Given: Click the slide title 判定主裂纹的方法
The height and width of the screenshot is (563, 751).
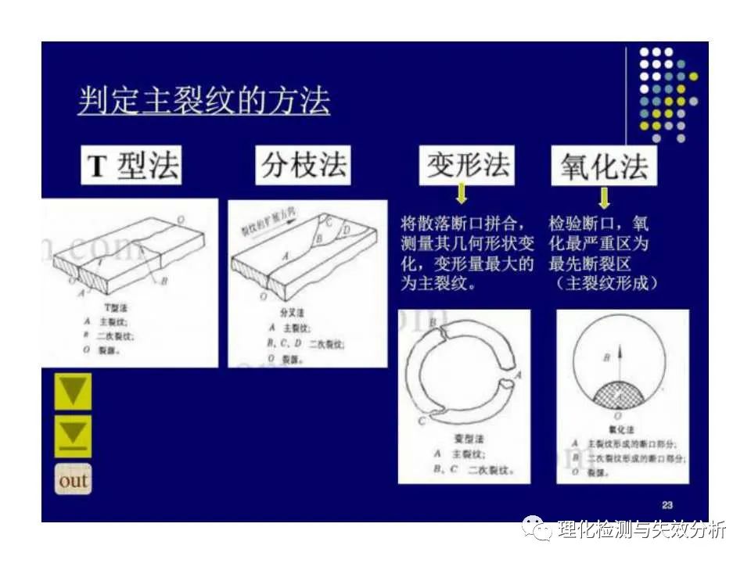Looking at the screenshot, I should tap(203, 102).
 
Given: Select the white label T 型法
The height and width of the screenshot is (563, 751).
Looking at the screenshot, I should tap(132, 166).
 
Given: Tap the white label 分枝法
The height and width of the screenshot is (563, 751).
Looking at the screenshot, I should tap(304, 166).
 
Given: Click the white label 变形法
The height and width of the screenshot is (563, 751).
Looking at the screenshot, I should tap(467, 165).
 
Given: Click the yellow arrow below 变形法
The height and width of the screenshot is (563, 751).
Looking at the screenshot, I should tap(462, 193).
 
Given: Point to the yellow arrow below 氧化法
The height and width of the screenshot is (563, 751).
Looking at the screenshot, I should tap(603, 194).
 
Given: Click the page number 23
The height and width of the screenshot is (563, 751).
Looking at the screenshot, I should tap(667, 504).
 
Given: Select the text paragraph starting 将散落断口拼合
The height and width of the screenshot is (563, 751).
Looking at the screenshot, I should tap(467, 254).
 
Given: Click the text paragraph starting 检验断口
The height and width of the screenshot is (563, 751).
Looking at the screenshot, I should tap(603, 254).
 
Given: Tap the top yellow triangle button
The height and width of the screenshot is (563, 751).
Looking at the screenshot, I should tap(73, 391).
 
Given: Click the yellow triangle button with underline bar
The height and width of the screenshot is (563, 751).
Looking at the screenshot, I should tap(73, 435).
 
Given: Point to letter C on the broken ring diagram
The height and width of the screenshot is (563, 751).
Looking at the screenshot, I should tap(421, 421).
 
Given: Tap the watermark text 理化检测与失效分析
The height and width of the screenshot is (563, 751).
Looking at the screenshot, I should tap(641, 529).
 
